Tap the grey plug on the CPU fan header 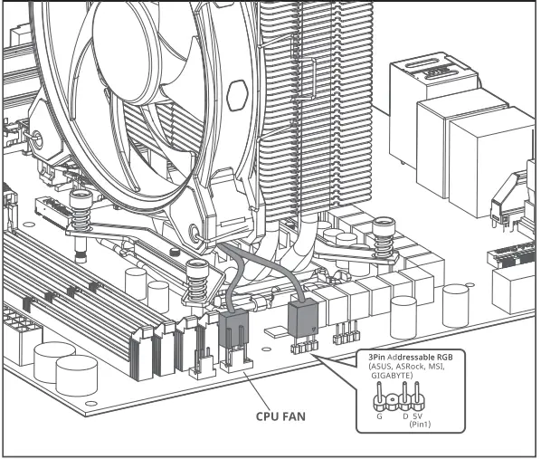[x=233, y=329]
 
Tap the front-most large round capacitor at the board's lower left [x=76, y=374]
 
